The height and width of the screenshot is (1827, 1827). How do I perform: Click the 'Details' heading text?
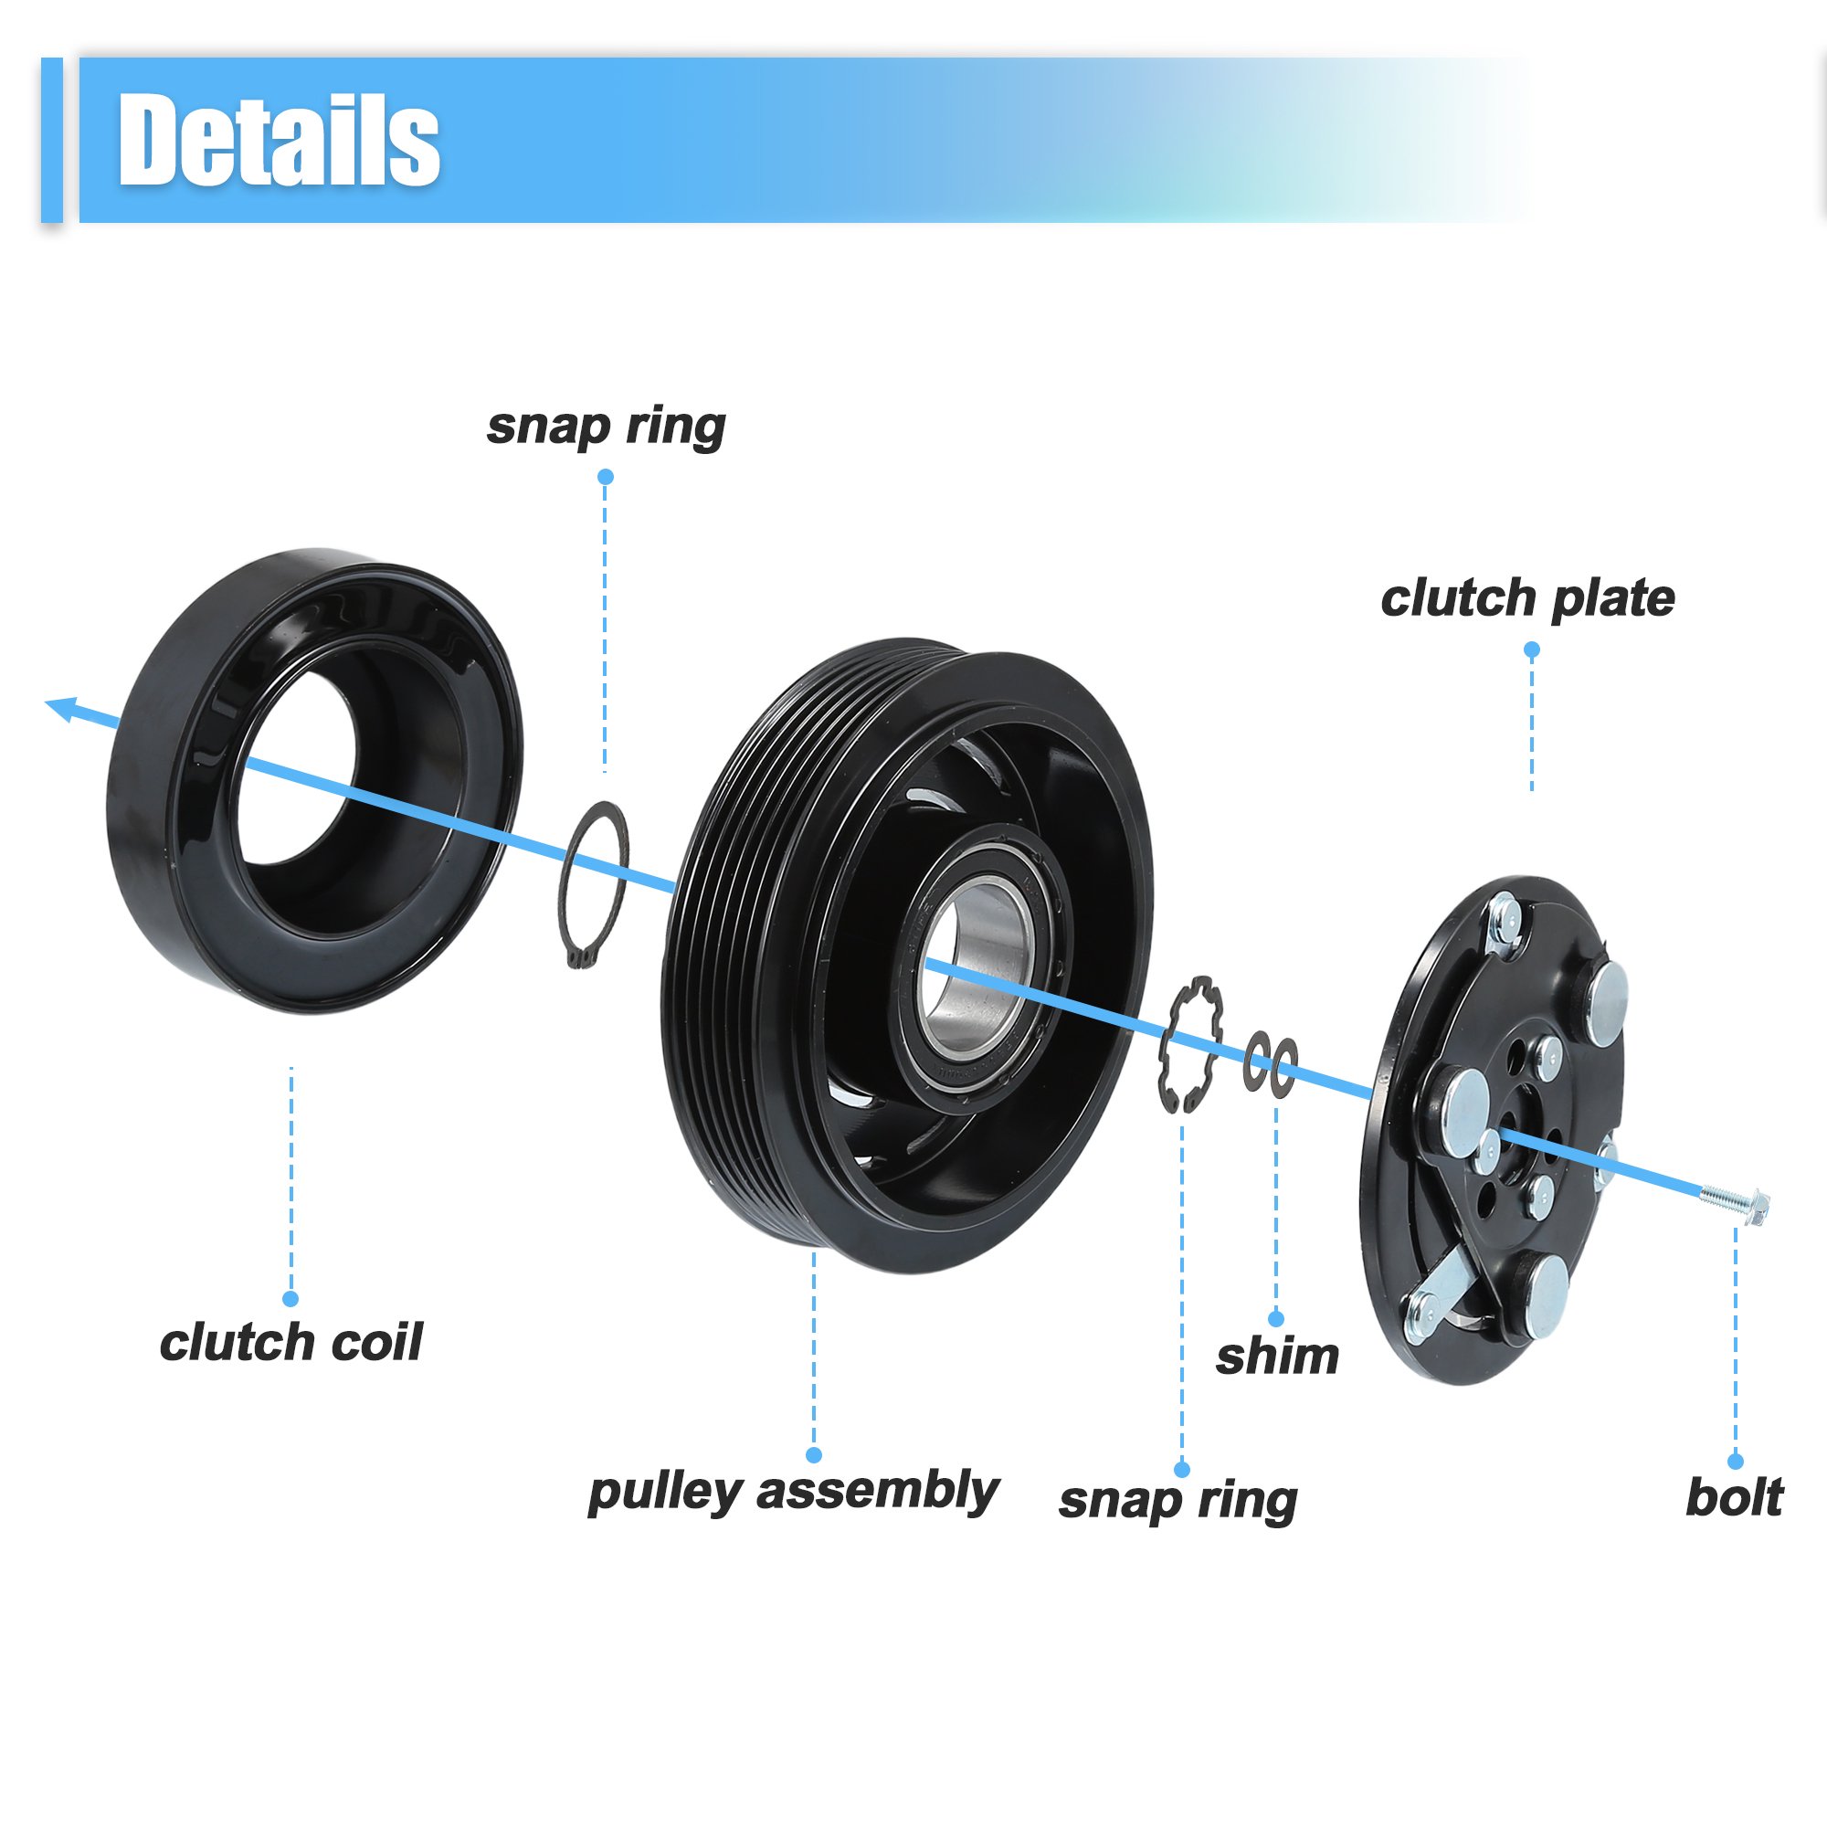tap(279, 140)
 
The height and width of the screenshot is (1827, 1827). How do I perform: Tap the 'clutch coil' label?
tap(291, 1343)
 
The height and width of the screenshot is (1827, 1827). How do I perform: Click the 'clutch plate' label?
tap(1527, 598)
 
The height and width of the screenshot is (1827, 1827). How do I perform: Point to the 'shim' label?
tap(1277, 1357)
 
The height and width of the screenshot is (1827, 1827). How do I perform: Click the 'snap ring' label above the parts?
tap(607, 428)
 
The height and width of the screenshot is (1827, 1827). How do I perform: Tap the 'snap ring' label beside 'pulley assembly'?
tap(1178, 1502)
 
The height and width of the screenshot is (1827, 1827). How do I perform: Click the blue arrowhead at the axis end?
tap(62, 707)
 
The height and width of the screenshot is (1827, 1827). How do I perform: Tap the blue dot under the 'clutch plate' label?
tap(1532, 649)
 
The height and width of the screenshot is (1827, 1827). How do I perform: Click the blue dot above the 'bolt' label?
tap(1736, 1461)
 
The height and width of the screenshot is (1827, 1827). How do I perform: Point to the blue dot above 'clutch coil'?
tap(290, 1299)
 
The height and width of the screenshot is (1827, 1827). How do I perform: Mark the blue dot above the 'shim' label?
tap(1275, 1319)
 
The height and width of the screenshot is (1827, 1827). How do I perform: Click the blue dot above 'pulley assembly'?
tap(813, 1455)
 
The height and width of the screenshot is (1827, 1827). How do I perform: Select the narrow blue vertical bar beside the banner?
tap(52, 140)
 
